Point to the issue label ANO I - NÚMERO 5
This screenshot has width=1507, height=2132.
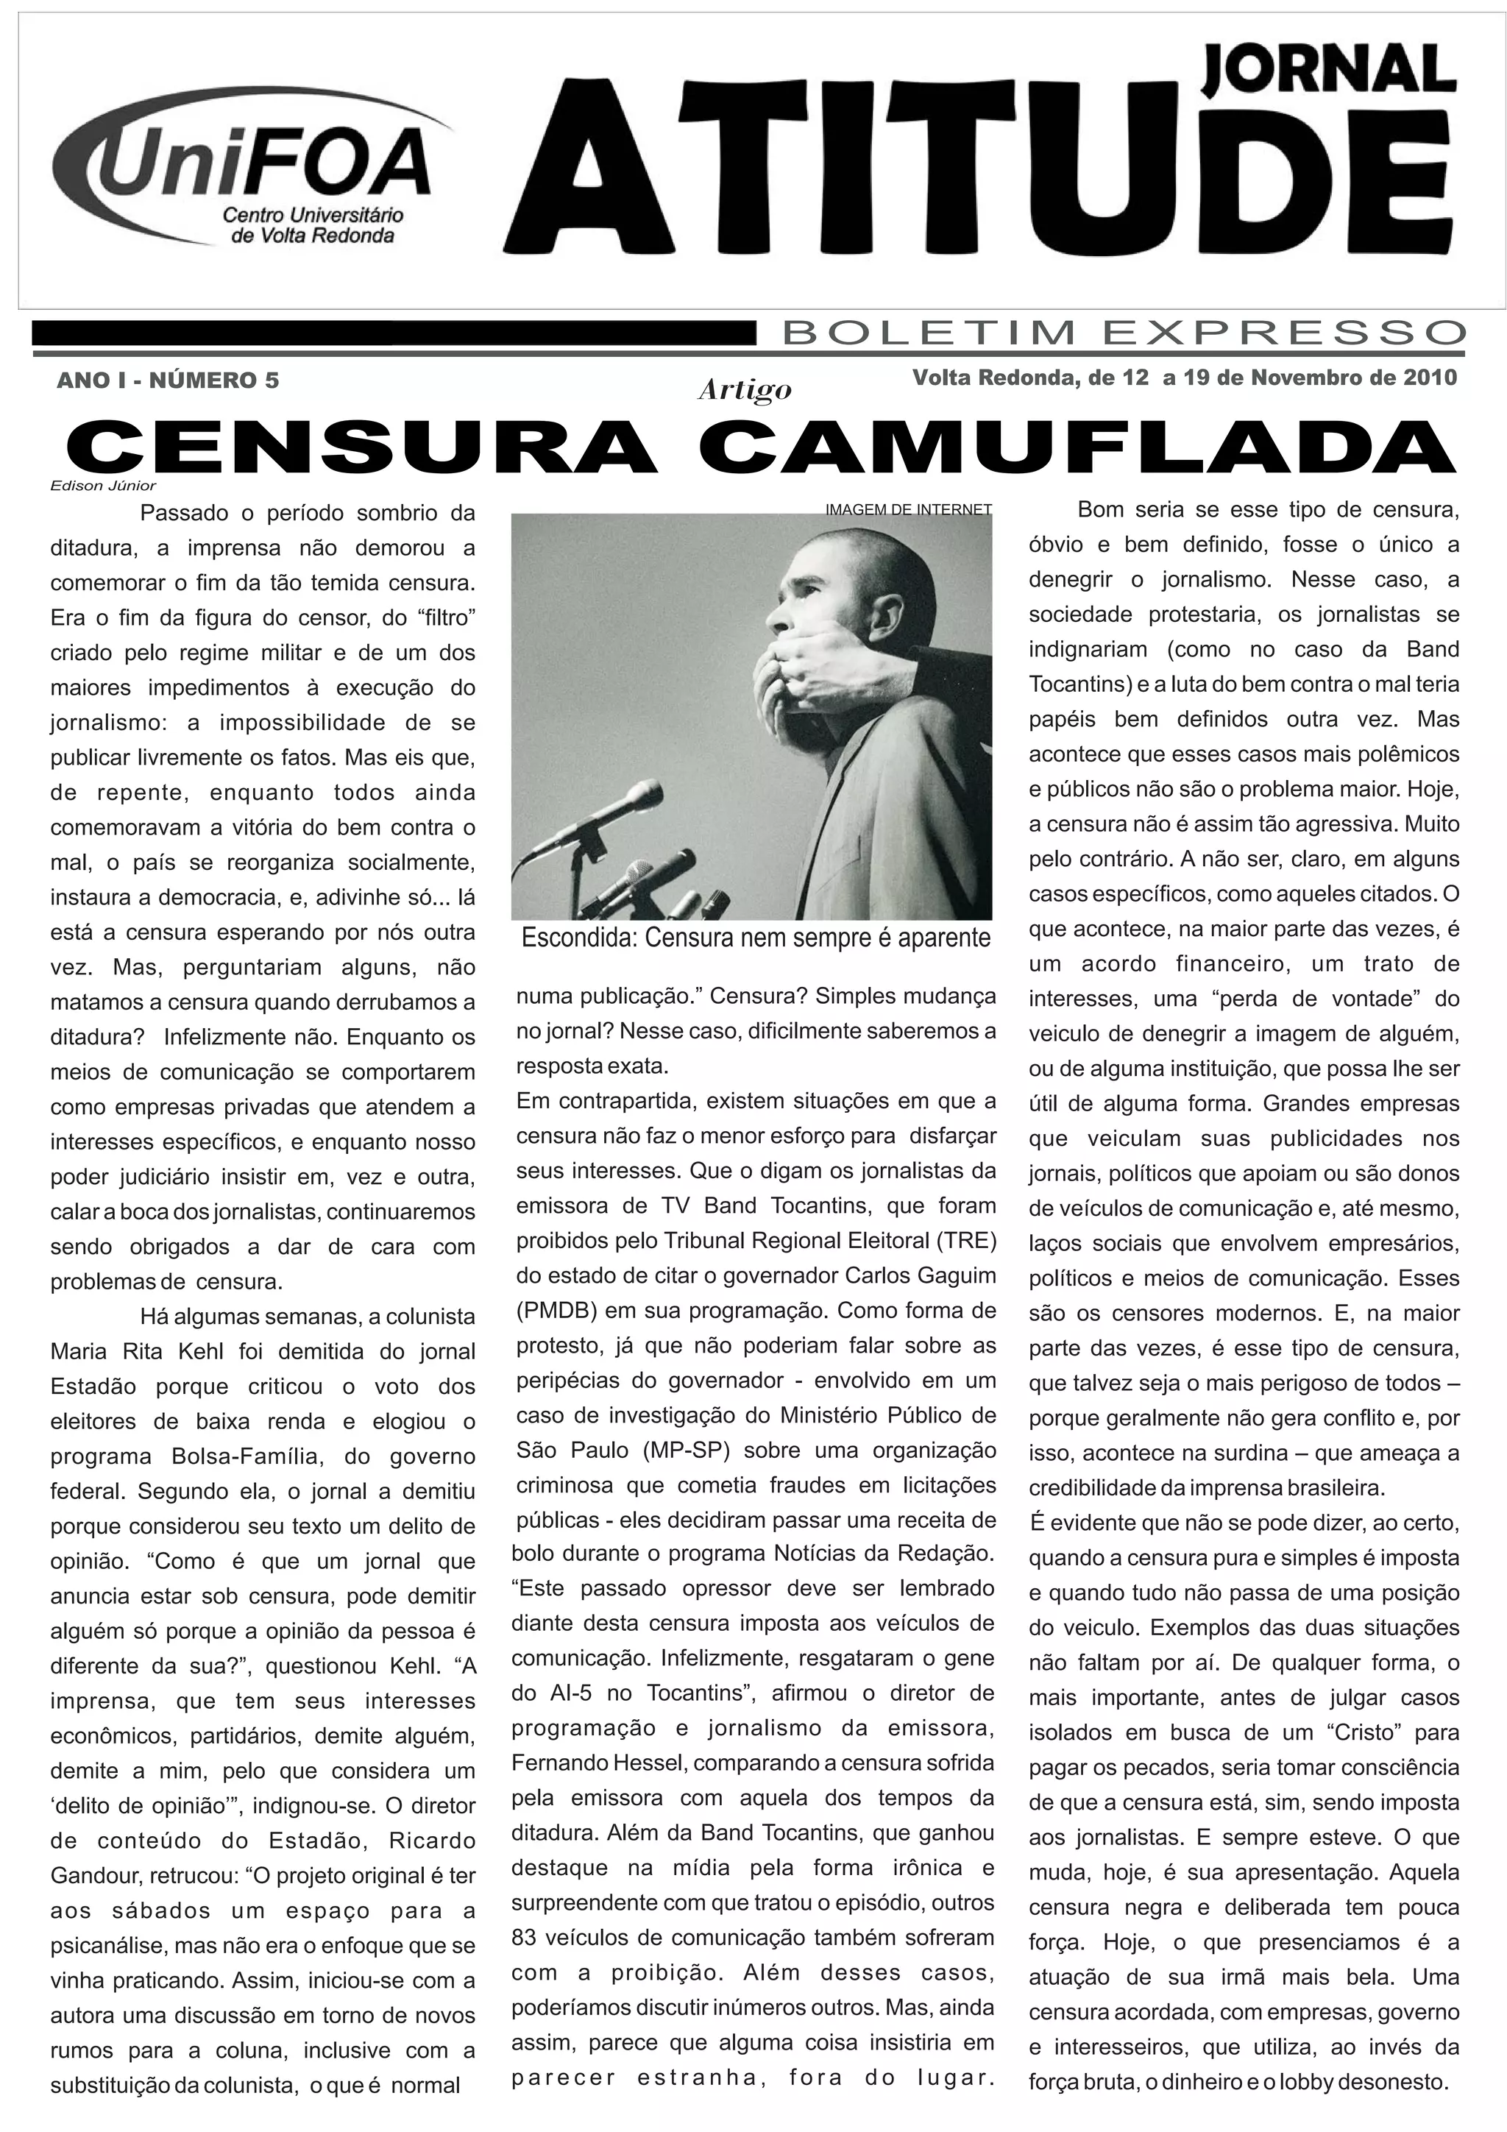pos(167,380)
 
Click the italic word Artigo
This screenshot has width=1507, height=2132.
pos(744,390)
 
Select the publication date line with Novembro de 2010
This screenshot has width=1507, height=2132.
pos(1184,378)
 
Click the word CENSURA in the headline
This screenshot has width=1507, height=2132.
pos(362,447)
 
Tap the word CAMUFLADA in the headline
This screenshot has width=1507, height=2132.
pos(1077,447)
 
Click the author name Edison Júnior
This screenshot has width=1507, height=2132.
pos(103,486)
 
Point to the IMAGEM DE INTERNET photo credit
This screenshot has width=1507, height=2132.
pos(908,509)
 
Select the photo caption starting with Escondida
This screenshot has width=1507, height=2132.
pos(755,938)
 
